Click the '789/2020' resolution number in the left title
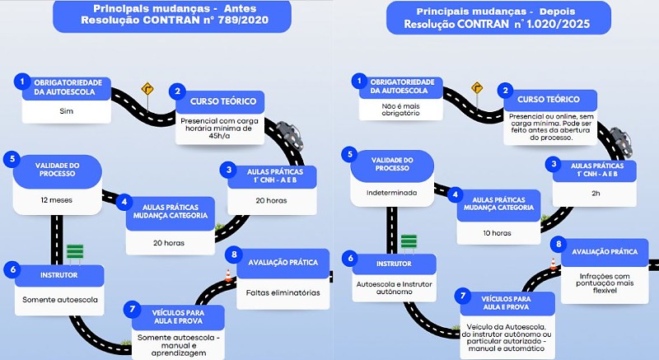click(243, 20)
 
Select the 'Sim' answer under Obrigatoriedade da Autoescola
click(67, 111)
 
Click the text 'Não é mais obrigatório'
click(400, 110)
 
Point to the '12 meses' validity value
click(56, 200)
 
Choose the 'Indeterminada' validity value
click(392, 193)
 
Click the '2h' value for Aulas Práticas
click(596, 194)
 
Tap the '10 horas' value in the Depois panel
click(498, 232)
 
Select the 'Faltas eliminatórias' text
click(283, 292)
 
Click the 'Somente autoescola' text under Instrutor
click(59, 300)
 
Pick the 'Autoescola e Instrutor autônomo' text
click(395, 288)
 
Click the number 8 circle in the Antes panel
click(234, 255)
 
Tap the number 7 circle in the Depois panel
click(463, 296)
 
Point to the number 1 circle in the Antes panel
click(22, 81)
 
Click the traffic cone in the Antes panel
click(228, 276)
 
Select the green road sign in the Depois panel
click(409, 242)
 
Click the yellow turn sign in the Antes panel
click(147, 89)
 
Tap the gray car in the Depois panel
click(621, 142)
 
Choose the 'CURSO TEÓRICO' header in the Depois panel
click(549, 100)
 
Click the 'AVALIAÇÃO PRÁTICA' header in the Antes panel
click(283, 263)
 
